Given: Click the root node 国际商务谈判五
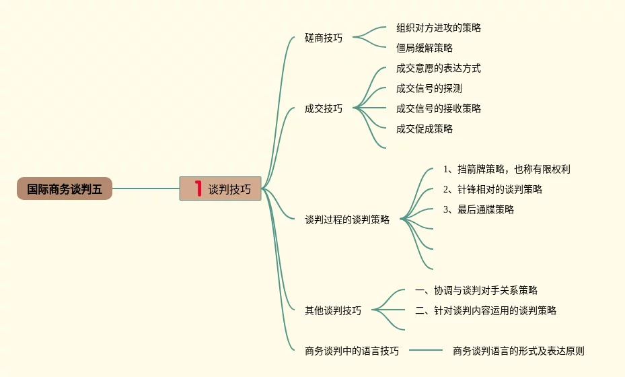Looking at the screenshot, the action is pos(65,189).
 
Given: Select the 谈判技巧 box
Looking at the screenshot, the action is pos(221,189).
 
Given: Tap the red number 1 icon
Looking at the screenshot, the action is pos(198,188).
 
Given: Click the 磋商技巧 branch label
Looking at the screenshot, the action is pos(324,38).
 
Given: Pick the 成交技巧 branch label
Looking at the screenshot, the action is pos(324,108).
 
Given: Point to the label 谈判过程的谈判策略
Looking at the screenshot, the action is pos(347,219).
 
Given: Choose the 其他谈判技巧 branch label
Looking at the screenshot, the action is pos(333,310).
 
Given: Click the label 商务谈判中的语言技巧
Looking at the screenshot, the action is pos(352,351).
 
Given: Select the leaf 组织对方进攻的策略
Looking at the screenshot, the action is pos(439,28).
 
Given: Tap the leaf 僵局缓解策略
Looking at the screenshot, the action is pos(425,48).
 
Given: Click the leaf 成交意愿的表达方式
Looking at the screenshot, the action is pos(439,68).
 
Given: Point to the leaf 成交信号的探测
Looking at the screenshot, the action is pos(429,88).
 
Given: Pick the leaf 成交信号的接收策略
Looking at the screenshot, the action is pos(439,108).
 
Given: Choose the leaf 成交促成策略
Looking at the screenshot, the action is pos(425,129).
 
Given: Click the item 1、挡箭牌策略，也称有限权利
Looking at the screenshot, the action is pos(507,169).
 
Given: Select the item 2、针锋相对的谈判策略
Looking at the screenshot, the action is pos(492,189).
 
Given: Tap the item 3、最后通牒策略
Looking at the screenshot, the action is pos(478,209).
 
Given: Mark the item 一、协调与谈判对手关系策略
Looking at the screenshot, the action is pos(476,290).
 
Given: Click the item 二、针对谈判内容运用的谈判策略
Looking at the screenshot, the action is pos(486,310).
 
